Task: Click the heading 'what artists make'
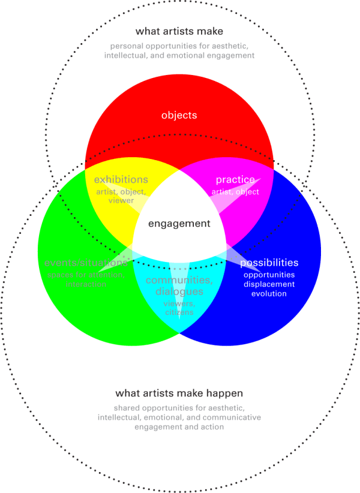point(179,31)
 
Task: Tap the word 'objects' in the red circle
point(179,115)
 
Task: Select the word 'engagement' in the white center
point(179,224)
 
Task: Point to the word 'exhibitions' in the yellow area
point(121,179)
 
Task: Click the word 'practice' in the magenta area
point(235,179)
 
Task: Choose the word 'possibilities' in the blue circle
point(269,263)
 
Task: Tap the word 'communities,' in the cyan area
point(179,280)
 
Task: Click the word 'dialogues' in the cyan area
point(179,291)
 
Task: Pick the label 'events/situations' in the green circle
point(85,263)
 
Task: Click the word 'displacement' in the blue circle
point(269,284)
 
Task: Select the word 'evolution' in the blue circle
point(269,294)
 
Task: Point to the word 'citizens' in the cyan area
point(179,313)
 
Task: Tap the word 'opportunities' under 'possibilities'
point(269,275)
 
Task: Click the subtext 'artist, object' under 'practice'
point(235,192)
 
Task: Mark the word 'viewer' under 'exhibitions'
point(121,200)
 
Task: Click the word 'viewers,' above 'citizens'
point(179,303)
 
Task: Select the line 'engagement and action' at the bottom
point(179,427)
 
